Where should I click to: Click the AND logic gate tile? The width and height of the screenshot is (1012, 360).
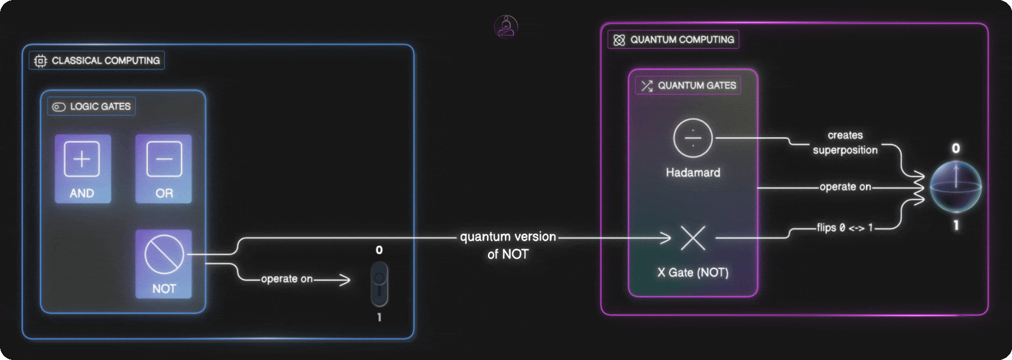(83, 169)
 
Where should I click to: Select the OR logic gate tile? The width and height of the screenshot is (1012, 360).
(164, 169)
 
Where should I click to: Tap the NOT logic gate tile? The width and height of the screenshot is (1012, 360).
(164, 263)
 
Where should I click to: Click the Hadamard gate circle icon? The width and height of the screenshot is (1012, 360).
(693, 138)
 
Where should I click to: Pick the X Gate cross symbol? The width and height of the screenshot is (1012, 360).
(693, 238)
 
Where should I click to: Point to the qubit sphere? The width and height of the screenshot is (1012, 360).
(956, 187)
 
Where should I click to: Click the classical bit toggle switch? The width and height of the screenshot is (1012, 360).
(379, 283)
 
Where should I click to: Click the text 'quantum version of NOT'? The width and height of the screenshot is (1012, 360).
(508, 245)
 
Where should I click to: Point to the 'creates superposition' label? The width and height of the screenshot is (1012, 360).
(845, 142)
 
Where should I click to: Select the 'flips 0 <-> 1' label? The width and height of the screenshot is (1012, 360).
(844, 228)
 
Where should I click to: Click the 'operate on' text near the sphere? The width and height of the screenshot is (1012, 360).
(845, 187)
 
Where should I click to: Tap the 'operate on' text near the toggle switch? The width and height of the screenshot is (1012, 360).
(287, 279)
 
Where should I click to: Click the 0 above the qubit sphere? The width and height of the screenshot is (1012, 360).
(956, 148)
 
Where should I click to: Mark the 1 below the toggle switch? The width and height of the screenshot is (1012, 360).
(379, 317)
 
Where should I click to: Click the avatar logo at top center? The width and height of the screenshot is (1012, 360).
(506, 26)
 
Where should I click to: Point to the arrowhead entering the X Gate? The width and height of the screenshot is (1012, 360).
(667, 238)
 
